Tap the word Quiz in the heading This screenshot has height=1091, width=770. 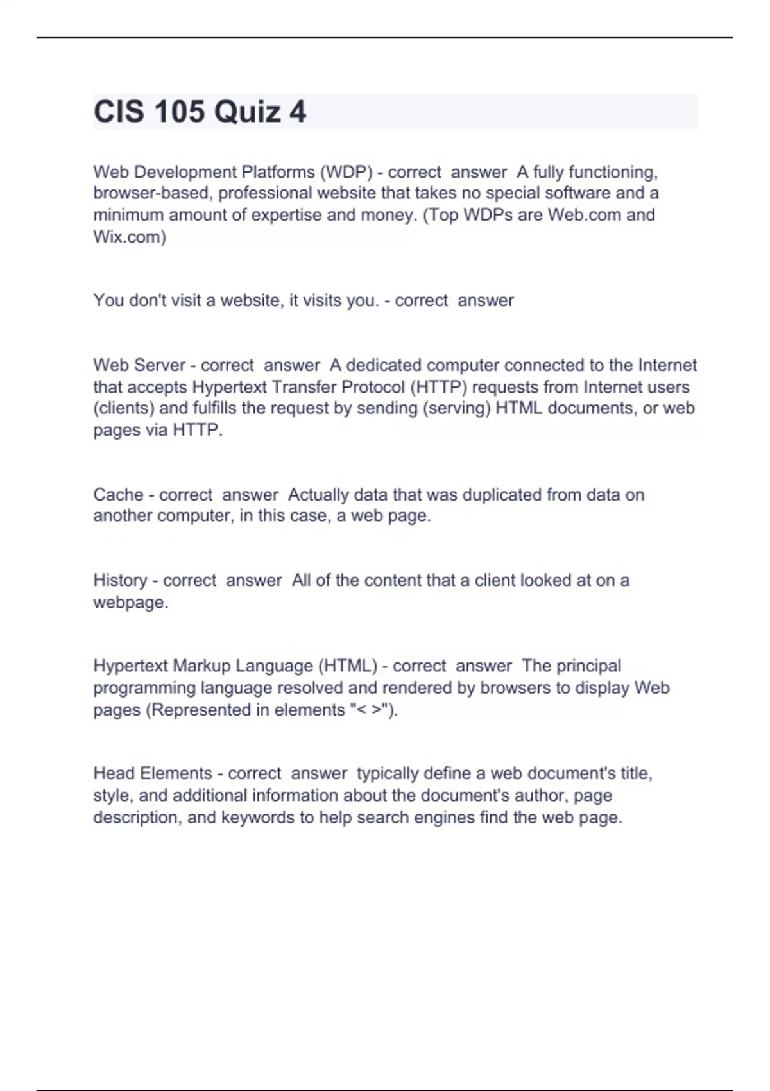[247, 112]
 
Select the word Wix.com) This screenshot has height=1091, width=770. [130, 237]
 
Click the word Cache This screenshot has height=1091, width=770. [118, 495]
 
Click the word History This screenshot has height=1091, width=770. [120, 580]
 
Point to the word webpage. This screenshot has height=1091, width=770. [130, 603]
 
